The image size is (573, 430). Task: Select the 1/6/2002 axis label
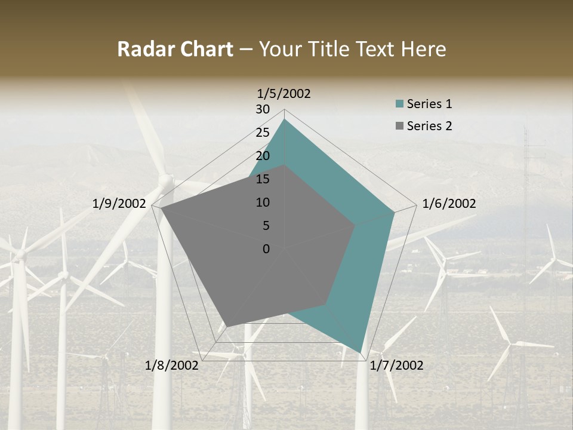point(449,204)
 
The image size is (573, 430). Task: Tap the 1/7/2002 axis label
point(396,365)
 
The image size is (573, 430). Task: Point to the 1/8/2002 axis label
point(172,365)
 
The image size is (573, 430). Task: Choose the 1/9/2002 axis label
point(119,204)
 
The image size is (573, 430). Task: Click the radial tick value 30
point(262,109)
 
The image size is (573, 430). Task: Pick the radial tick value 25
point(262,133)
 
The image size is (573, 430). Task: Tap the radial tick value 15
point(262,179)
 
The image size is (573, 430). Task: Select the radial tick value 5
point(266,226)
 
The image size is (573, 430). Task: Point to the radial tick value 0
point(266,249)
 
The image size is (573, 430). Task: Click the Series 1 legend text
point(429,104)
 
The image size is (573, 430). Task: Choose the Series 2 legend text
point(429,126)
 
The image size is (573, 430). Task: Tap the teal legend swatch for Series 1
point(400,105)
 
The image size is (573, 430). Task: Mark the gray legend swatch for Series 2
point(400,127)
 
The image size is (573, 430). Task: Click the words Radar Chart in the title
point(175,50)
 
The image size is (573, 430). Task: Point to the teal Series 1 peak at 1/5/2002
point(284,120)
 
